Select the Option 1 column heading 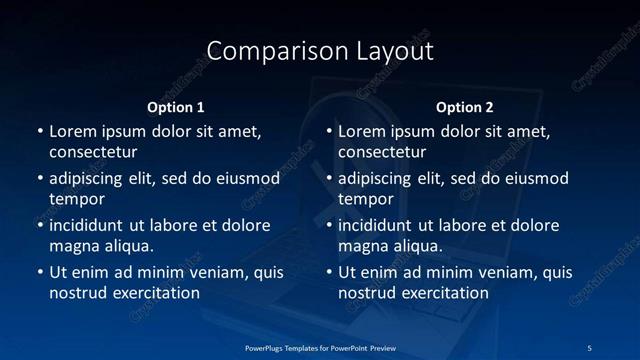point(176,107)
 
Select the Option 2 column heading point(465,107)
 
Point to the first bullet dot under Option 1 point(40,132)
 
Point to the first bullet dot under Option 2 point(329,132)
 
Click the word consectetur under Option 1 point(93,152)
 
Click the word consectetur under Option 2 point(382,152)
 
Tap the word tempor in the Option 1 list point(73,199)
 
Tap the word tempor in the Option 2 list point(362,199)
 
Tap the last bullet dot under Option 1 point(40,272)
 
